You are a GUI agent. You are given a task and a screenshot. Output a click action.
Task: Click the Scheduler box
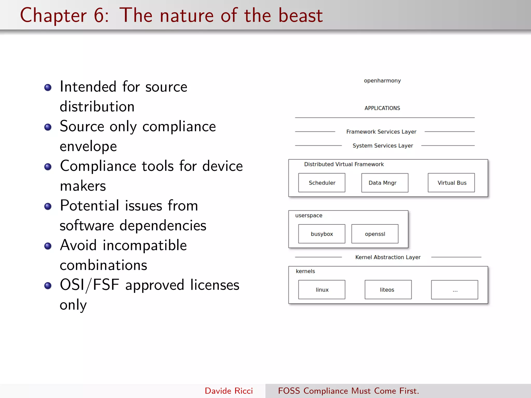pos(322,183)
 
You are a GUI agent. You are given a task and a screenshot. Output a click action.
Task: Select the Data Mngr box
pos(385,183)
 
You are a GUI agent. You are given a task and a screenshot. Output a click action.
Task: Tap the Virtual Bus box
pos(451,183)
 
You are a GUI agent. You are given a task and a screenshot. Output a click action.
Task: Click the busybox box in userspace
pos(322,234)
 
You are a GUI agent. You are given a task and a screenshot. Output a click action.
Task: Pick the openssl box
pos(375,234)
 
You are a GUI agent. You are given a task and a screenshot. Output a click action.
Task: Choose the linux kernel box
pos(322,289)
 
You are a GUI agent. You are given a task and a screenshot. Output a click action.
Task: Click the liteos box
pos(388,289)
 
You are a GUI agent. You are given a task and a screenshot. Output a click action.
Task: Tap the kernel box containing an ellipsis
pos(455,290)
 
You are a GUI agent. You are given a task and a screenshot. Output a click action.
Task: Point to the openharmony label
pos(382,81)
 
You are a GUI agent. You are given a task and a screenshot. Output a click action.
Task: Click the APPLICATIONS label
pos(382,108)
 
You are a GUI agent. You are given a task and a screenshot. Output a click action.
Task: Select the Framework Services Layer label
pos(381,132)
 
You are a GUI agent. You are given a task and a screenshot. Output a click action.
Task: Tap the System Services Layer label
pos(383,146)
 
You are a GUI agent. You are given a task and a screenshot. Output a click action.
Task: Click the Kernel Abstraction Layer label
pos(388,257)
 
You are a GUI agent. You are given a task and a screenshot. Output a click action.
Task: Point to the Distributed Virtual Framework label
pos(344,164)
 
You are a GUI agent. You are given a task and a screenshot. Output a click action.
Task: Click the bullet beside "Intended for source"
pos(48,88)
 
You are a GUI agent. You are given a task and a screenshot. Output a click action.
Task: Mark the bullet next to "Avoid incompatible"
pos(48,246)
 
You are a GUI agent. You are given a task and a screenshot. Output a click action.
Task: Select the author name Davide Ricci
pos(229,391)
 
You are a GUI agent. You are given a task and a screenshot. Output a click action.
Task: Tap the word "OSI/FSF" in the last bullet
pos(89,285)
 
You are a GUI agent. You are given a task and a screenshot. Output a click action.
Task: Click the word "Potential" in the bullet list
pos(89,205)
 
